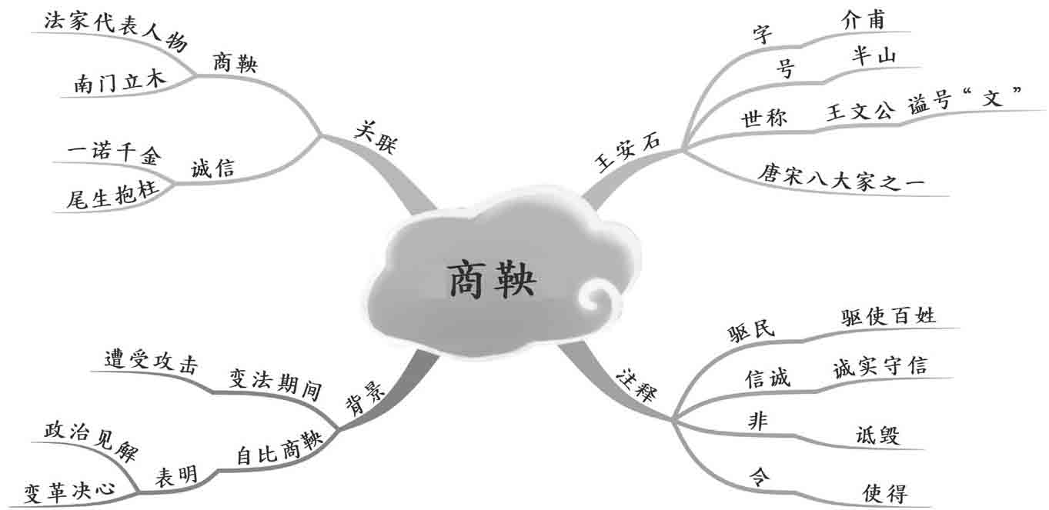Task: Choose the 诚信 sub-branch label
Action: coord(212,168)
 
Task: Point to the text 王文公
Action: coord(860,112)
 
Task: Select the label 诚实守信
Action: coord(880,367)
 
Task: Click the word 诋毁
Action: coord(877,434)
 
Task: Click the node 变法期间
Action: coord(275,382)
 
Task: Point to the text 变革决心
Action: coord(69,490)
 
